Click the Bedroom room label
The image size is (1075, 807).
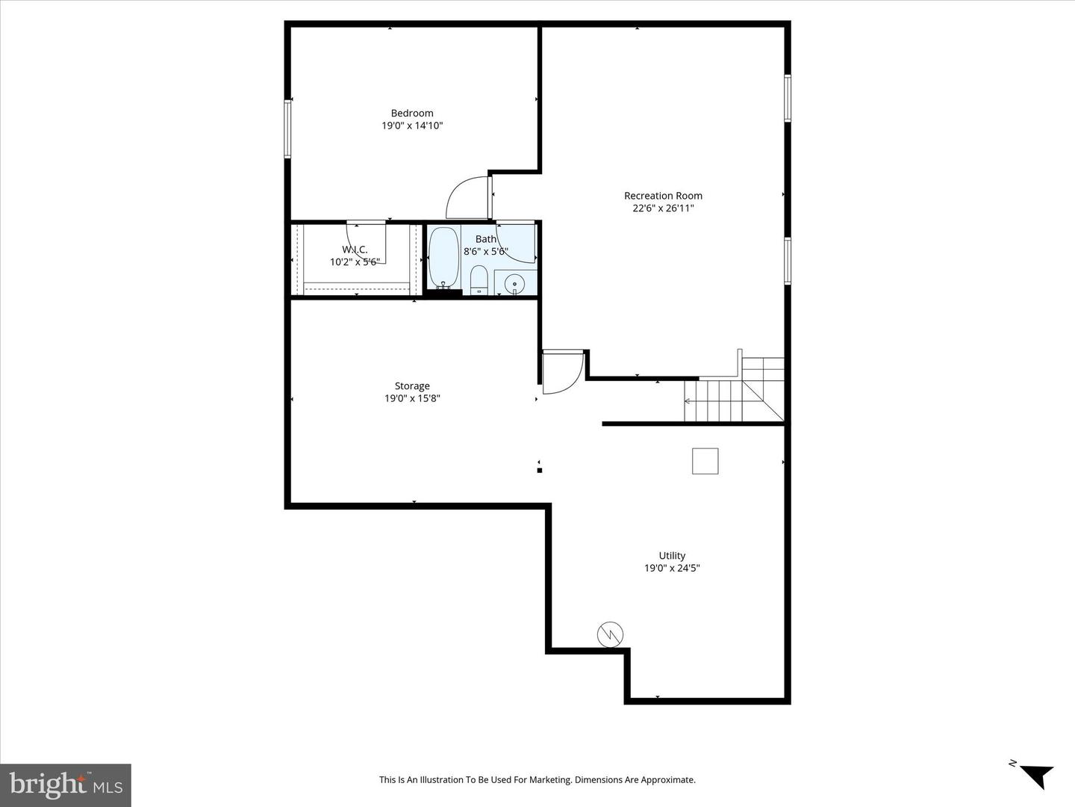pyautogui.click(x=412, y=114)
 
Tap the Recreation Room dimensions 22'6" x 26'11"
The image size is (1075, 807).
pyautogui.click(x=663, y=208)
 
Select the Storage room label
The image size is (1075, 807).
pyautogui.click(x=412, y=386)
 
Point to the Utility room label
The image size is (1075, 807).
pyautogui.click(x=672, y=556)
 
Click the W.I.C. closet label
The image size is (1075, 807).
pyautogui.click(x=355, y=250)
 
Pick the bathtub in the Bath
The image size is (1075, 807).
pyautogui.click(x=443, y=258)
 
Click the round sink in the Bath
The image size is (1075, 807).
pyautogui.click(x=514, y=285)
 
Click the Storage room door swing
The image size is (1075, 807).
pyautogui.click(x=561, y=371)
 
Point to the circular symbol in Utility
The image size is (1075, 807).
pyautogui.click(x=610, y=634)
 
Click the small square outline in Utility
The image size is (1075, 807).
pyautogui.click(x=705, y=461)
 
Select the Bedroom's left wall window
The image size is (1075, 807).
pyautogui.click(x=287, y=129)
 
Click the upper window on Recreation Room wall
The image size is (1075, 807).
pyautogui.click(x=787, y=97)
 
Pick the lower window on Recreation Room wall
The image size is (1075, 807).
pyautogui.click(x=787, y=261)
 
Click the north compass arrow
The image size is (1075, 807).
pyautogui.click(x=1034, y=774)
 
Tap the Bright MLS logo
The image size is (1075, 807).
pyautogui.click(x=66, y=785)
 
